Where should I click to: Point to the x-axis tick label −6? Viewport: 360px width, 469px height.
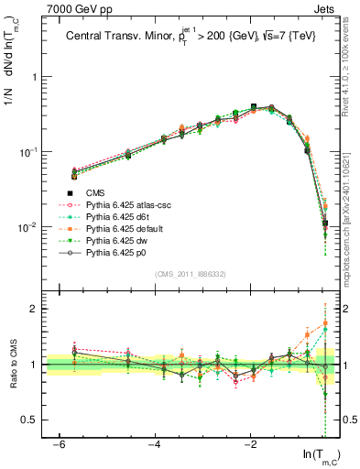pos(59,444)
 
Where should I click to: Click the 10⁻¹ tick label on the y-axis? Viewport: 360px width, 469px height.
pos(27,152)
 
